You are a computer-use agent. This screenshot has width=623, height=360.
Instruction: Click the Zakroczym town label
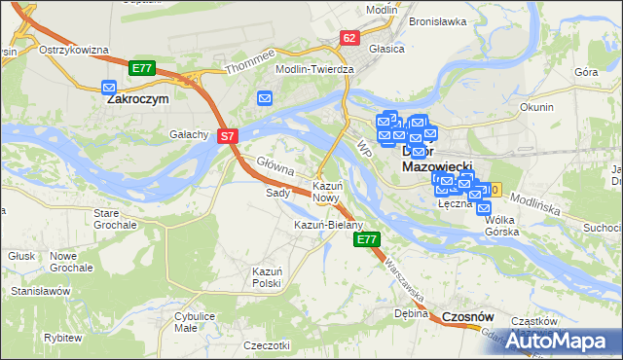tap(137, 98)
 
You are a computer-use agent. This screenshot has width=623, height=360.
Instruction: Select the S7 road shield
tap(227, 137)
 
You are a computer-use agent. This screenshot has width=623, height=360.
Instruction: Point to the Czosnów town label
tap(468, 317)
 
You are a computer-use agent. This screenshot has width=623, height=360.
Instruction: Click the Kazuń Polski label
tap(266, 276)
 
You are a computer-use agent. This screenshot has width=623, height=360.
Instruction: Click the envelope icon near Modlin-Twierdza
tap(265, 97)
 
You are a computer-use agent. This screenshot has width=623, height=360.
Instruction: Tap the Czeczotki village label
tap(268, 345)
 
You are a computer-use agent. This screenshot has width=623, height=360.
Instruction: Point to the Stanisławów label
tap(42, 291)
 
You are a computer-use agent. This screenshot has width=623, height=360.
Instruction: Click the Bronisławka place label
tap(440, 20)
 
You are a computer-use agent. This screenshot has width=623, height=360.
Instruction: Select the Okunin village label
tap(537, 107)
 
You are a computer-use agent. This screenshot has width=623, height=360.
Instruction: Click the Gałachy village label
tap(189, 134)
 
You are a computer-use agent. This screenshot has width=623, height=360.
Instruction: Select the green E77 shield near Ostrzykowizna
tap(142, 67)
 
